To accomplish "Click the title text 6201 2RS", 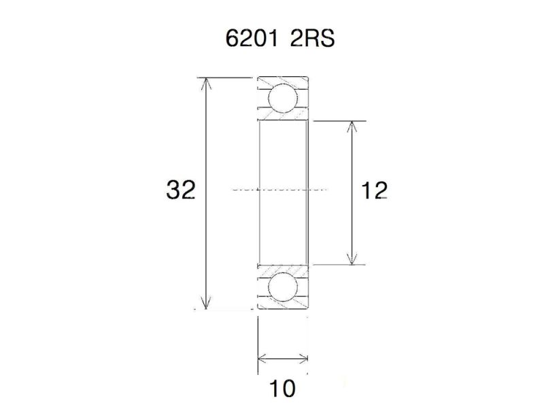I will pos(279,38).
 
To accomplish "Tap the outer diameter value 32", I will pos(180,190).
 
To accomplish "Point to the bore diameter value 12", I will pos(375,191).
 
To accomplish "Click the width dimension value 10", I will pos(282,389).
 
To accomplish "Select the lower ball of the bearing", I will pos(282,287).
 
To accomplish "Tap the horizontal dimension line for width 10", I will pos(283,358).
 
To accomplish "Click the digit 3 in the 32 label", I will pos(173,190).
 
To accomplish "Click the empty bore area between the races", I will pos(283,163).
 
